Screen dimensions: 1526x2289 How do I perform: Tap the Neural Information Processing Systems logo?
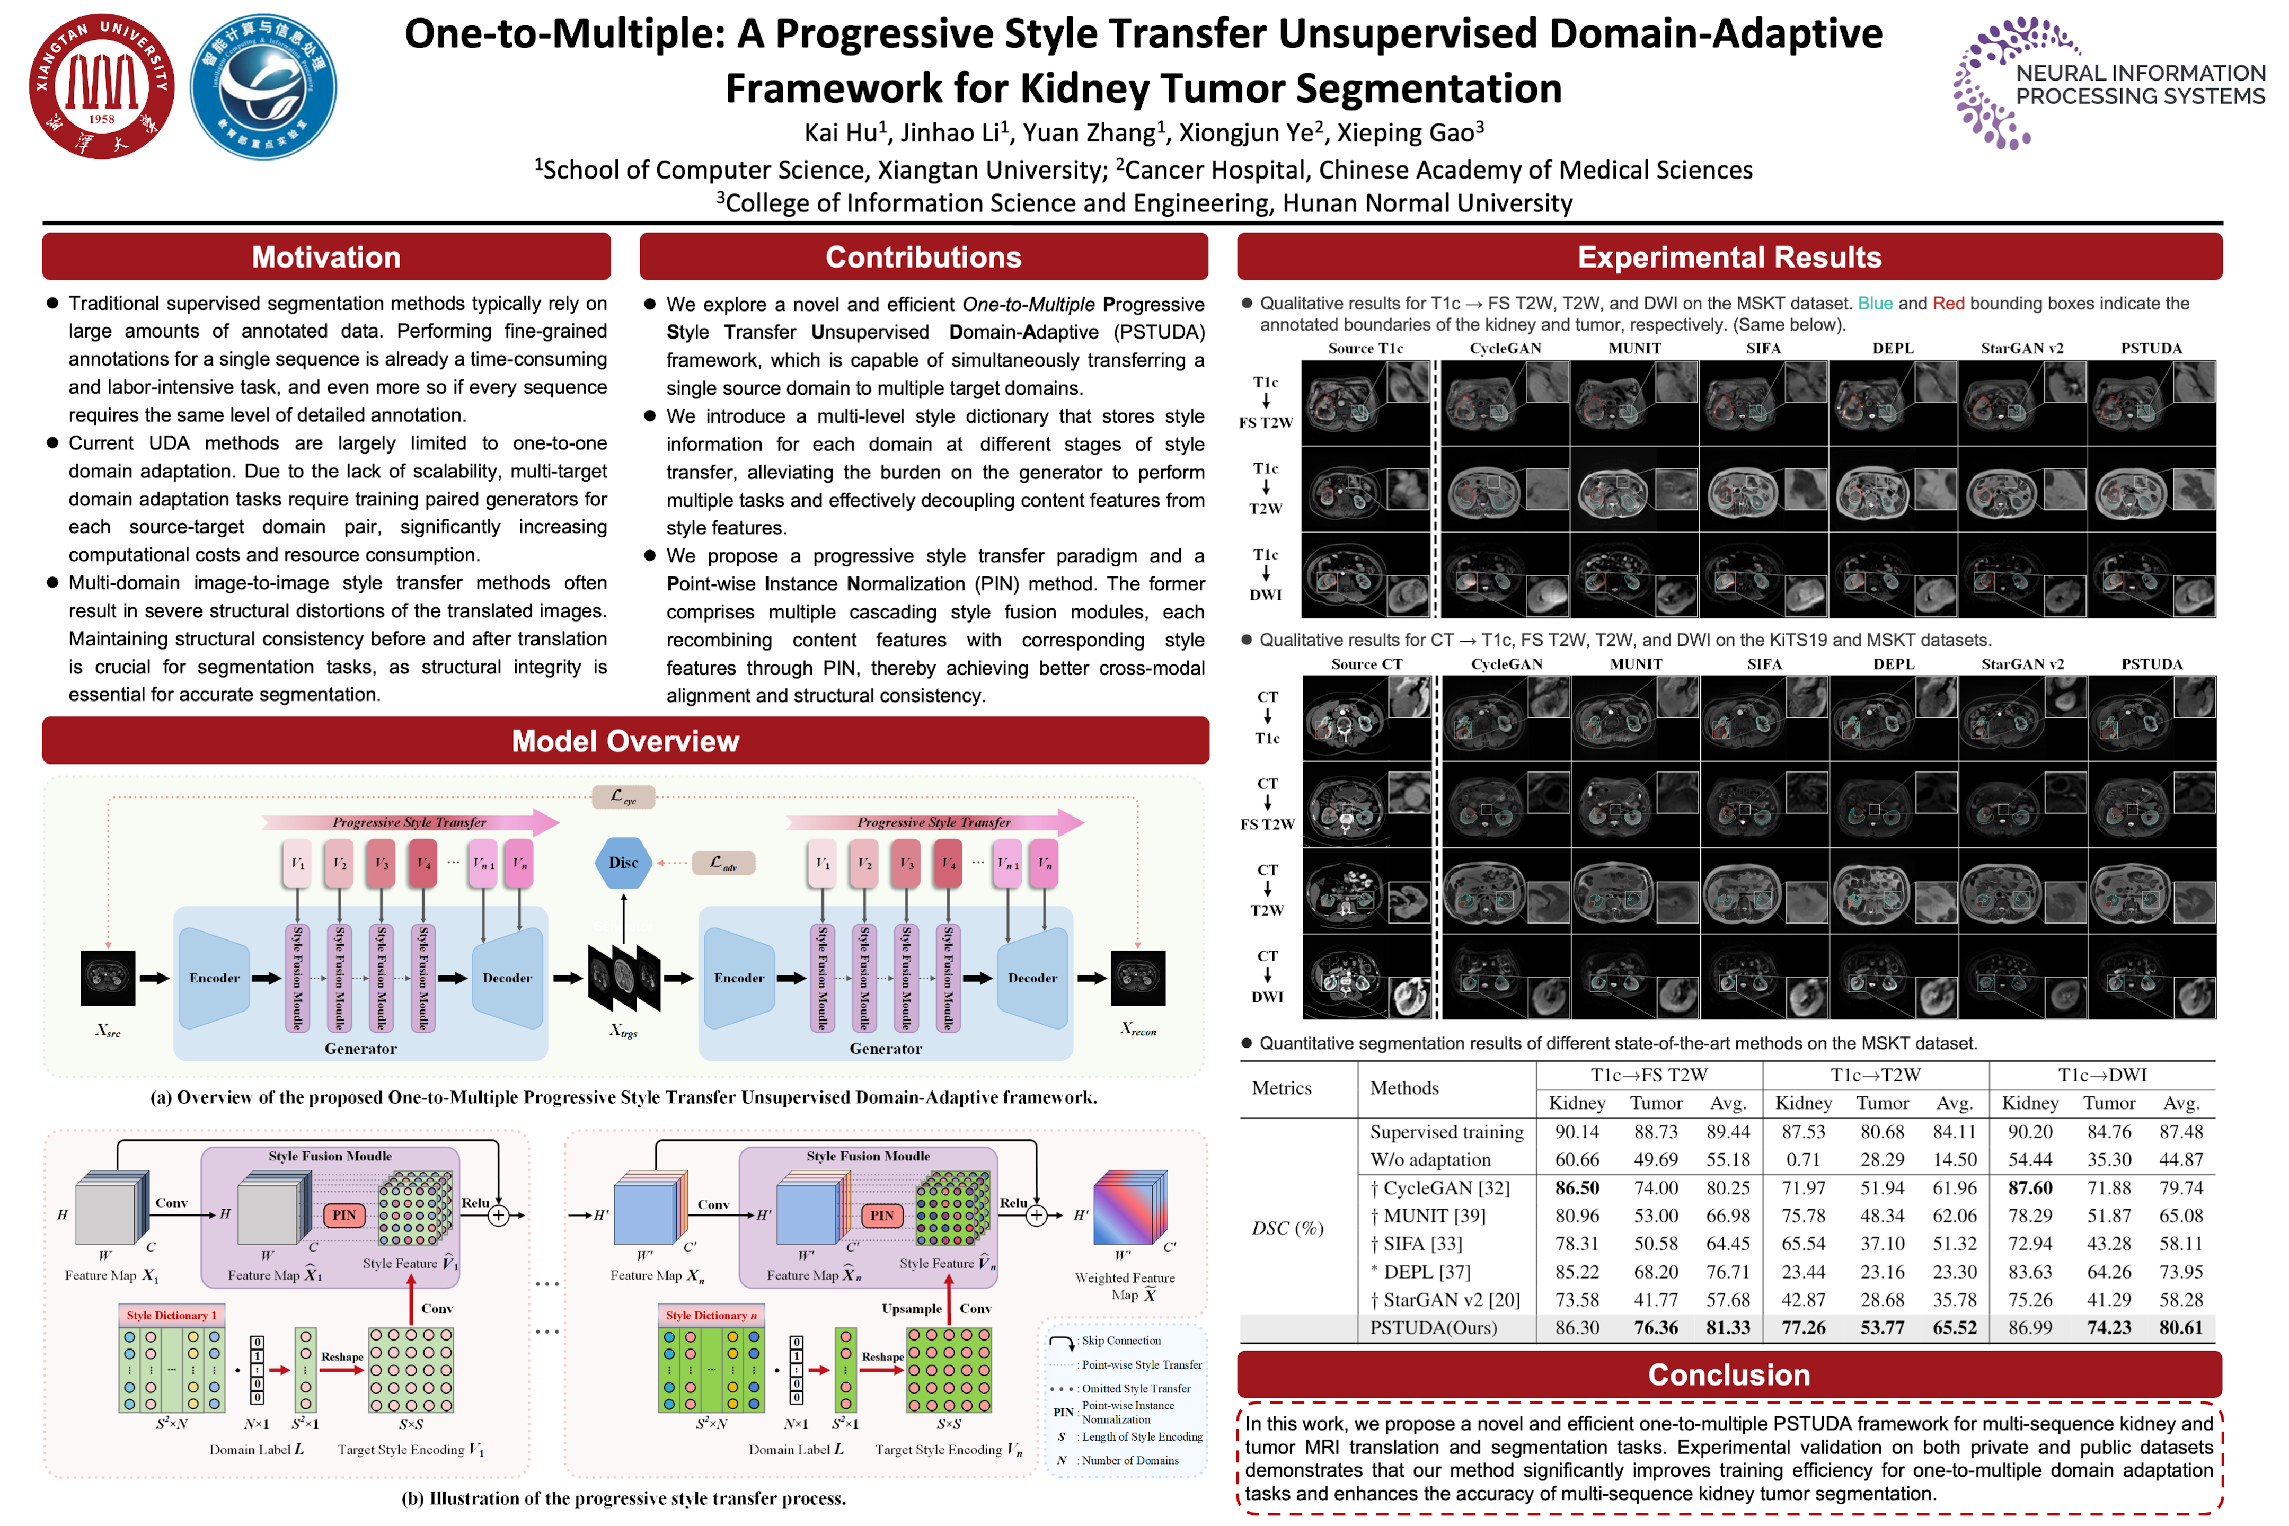(2107, 84)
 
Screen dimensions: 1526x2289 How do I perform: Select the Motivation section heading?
(326, 257)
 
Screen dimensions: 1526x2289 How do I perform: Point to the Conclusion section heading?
(1728, 1374)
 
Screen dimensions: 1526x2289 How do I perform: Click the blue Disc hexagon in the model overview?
(623, 862)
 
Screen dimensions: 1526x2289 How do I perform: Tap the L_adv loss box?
(723, 862)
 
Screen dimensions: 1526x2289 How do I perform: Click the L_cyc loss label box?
(623, 797)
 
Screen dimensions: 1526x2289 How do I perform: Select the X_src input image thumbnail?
(108, 977)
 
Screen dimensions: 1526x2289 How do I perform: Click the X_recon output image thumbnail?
(1138, 977)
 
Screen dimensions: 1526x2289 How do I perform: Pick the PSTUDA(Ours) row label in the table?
(1433, 1327)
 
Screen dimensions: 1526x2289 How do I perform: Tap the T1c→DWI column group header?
(2101, 1075)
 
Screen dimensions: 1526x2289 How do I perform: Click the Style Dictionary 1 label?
(171, 1315)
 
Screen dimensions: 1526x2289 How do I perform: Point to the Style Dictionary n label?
(711, 1315)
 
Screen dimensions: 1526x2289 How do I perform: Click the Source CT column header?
(1366, 664)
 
